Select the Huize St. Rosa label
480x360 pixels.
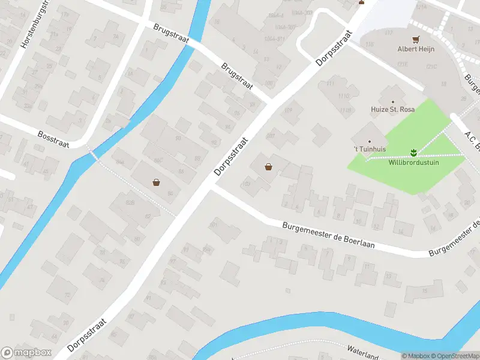point(392,110)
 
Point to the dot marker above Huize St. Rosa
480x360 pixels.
point(393,102)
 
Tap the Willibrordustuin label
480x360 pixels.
point(413,162)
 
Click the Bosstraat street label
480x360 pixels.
point(53,140)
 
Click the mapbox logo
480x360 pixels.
point(26,352)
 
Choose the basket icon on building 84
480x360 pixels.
point(157,182)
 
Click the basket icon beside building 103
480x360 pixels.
point(268,167)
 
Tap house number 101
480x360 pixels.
point(213,224)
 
